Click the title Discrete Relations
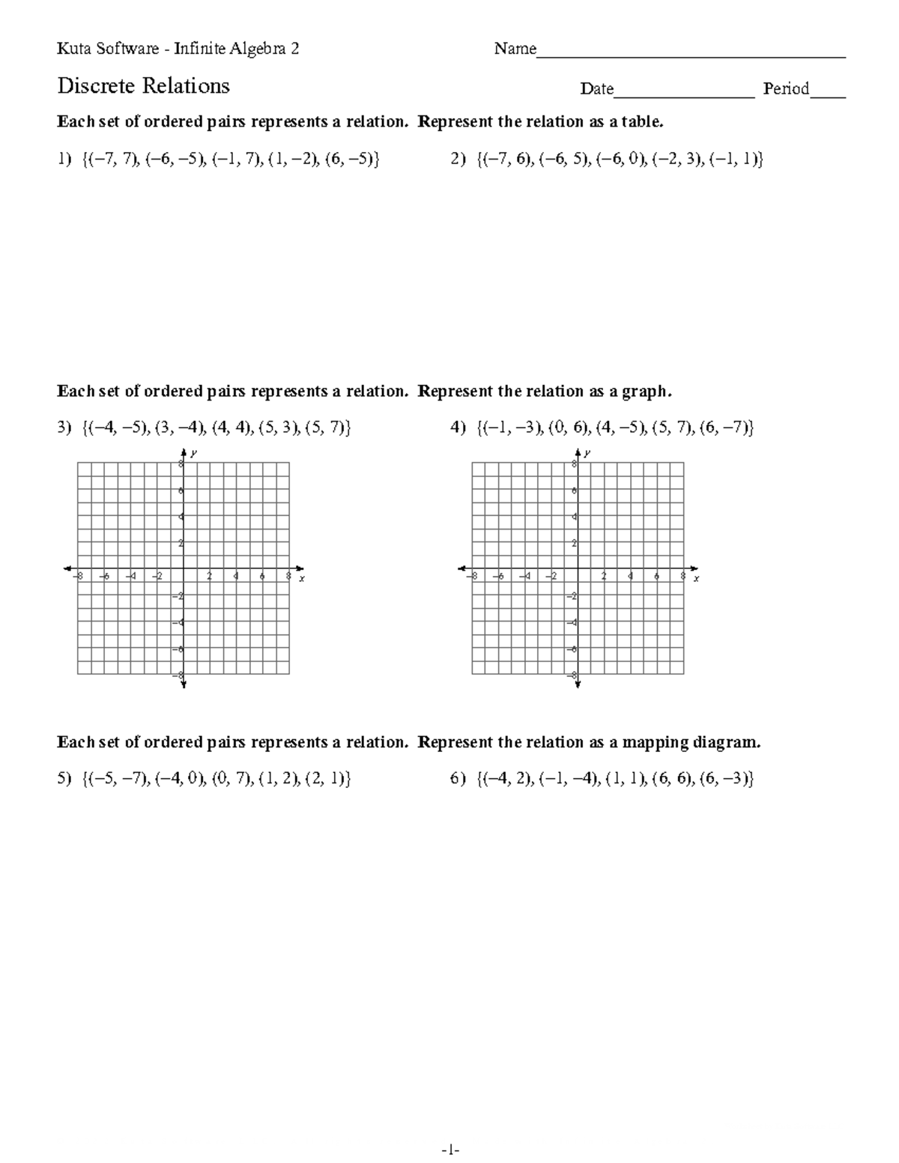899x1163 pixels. click(143, 87)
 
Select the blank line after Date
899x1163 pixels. click(683, 94)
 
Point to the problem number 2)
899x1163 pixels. click(458, 160)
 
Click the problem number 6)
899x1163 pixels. click(458, 780)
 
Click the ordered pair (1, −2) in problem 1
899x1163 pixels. click(293, 160)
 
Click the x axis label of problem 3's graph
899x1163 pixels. click(301, 579)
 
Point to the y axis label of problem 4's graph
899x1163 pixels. click(588, 453)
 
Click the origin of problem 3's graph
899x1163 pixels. click(184, 569)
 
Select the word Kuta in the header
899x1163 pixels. click(73, 49)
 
